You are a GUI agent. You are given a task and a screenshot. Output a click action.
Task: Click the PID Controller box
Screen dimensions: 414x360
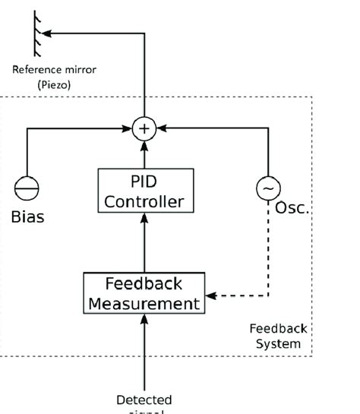coord(144,192)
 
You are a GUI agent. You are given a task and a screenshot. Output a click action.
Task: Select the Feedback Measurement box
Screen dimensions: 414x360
coord(144,293)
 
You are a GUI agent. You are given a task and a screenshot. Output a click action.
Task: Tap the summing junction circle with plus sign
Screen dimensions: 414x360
coord(144,129)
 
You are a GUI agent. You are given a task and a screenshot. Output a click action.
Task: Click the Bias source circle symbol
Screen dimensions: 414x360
coord(27,189)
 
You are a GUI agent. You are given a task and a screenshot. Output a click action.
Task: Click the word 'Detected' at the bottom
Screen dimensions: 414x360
coord(144,400)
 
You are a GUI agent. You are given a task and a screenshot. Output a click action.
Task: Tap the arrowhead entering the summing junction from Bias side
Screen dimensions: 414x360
coord(127,129)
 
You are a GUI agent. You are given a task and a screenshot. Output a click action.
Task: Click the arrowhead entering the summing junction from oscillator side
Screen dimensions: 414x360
coord(161,129)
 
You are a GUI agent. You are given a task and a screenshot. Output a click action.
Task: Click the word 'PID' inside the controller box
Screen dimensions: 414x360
coord(144,183)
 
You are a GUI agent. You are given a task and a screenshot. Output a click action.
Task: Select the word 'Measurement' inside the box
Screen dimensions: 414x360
coord(144,303)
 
